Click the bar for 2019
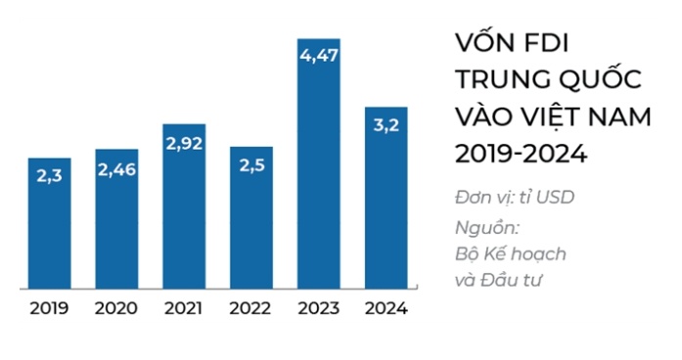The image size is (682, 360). [49, 224]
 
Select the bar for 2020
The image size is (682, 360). [116, 219]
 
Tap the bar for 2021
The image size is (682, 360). [184, 207]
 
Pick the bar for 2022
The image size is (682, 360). [251, 218]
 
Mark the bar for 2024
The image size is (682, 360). [386, 199]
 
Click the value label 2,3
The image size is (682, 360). [49, 176]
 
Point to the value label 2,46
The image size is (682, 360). [116, 168]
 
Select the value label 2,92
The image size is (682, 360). [184, 143]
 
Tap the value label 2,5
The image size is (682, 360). [251, 165]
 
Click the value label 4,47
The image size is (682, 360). [319, 57]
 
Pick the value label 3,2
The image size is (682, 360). [386, 125]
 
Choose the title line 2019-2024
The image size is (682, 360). [521, 154]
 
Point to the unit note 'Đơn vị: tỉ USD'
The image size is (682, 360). [515, 197]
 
